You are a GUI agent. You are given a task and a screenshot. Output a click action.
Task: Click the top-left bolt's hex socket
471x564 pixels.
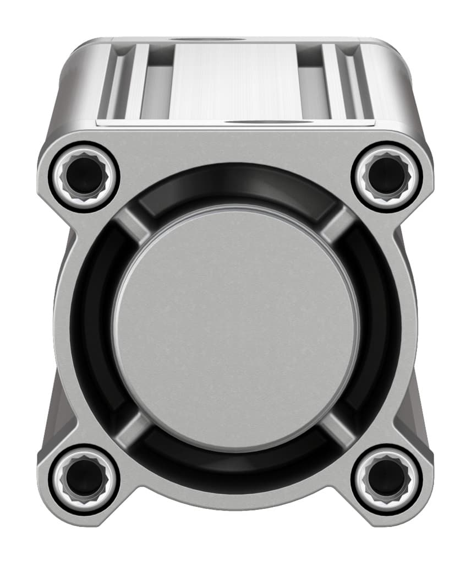tap(84, 176)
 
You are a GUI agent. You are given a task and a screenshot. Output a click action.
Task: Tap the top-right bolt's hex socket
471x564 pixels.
tap(387, 176)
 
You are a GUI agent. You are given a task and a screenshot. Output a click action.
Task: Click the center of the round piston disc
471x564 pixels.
tap(235, 327)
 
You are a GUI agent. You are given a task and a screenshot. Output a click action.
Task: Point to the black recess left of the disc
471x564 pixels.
tap(91, 327)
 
